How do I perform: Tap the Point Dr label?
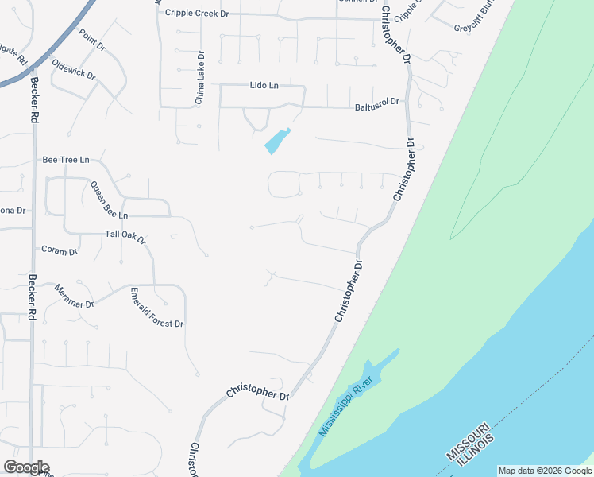92,41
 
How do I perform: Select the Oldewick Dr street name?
73,70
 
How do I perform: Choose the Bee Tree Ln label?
66,160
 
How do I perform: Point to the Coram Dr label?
60,250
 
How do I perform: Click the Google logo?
26,467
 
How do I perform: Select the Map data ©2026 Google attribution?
544,471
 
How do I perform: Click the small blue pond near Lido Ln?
276,142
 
